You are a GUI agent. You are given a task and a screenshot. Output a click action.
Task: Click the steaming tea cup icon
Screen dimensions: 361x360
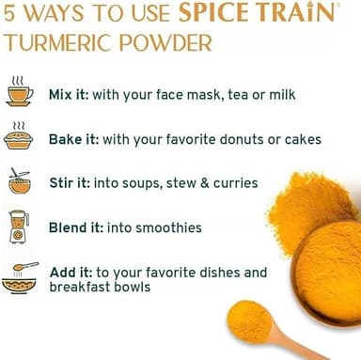click(20, 90)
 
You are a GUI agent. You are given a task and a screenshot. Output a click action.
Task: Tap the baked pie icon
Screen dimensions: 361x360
click(19, 136)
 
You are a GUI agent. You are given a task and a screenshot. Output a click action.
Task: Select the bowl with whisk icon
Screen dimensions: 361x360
click(20, 181)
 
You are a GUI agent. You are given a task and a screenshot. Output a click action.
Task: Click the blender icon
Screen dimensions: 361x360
click(19, 227)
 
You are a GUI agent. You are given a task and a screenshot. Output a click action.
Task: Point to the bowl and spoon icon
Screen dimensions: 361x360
click(20, 278)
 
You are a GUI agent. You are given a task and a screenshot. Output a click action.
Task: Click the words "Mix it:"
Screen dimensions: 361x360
click(69, 94)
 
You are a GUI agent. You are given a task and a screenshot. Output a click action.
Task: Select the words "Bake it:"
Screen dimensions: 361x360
click(74, 139)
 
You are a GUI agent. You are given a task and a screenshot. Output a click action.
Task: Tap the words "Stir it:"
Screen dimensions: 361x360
click(70, 183)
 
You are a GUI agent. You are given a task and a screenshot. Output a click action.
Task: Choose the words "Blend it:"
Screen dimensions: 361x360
click(76, 227)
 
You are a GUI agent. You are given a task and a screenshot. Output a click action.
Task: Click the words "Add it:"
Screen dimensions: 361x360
click(71, 273)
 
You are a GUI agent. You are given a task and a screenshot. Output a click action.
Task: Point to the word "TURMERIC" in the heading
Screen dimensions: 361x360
click(58, 43)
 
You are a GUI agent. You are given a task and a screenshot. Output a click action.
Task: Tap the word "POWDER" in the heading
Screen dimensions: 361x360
click(165, 43)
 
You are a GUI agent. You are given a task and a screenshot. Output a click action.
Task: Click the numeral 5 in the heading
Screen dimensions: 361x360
click(9, 13)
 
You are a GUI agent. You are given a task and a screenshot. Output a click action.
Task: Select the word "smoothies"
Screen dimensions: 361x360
click(169, 227)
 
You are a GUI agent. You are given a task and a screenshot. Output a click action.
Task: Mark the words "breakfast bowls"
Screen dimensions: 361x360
click(100, 287)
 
